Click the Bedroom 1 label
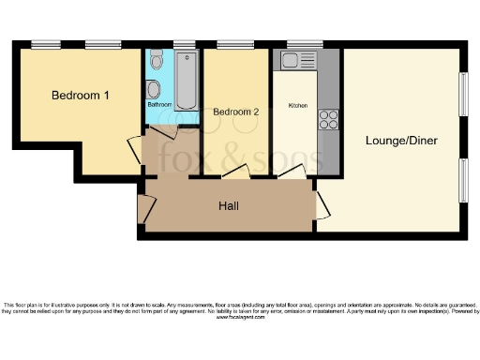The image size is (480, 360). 81,96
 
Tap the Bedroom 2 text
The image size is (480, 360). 235,112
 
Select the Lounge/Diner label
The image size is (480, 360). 401,141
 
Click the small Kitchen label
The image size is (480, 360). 298,105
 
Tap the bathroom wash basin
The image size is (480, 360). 154,89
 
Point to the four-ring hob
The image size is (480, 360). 329,119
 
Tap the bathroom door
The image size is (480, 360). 160,133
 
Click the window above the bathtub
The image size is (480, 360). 185,44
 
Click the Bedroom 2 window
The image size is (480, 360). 230,44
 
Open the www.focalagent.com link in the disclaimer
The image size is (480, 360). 239,318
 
